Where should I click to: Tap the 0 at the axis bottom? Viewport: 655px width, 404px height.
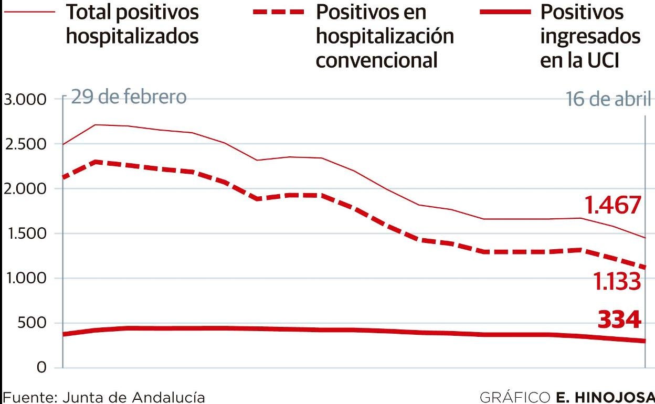pos(41,368)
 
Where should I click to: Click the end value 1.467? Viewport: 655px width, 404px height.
pos(613,205)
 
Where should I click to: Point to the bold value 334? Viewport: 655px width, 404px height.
pos(620,320)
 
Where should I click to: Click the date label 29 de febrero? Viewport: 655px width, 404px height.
pos(128,98)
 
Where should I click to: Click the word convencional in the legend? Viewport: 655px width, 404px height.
pos(376,60)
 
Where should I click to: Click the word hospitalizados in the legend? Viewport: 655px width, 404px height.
pos(132,36)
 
